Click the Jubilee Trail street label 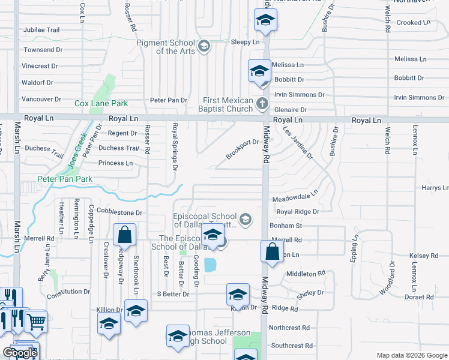pos(41,29)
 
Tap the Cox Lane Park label pos(97,103)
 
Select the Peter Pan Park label pos(65,179)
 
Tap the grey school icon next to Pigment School pos(203,46)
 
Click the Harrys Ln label pos(435,188)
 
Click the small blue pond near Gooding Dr pos(210,265)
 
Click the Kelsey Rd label pos(424,256)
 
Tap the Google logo pos(20,353)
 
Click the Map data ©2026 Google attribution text pos(411,355)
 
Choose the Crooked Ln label pos(414,23)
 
